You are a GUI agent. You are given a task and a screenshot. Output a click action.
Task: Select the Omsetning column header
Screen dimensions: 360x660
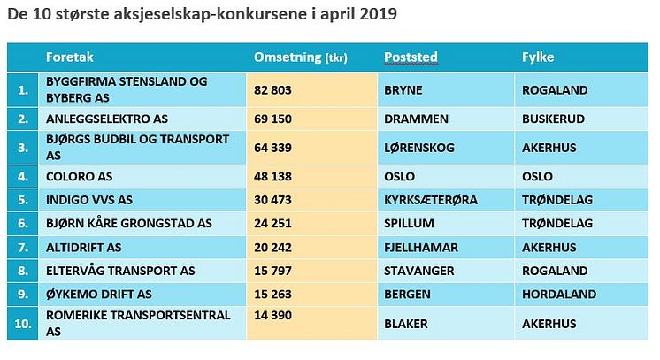301,57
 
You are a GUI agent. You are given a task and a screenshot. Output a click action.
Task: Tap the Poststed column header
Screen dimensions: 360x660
411,57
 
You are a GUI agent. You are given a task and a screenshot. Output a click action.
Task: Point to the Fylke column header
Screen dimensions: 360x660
539,57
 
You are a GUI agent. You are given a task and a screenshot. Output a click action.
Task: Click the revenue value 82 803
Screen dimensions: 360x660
273,90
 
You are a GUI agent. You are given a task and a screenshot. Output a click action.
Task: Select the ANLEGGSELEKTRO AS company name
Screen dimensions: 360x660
107,119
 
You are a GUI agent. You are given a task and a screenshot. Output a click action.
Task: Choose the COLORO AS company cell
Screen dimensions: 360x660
81,175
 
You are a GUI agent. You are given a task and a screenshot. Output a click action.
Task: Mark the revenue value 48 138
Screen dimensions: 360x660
273,175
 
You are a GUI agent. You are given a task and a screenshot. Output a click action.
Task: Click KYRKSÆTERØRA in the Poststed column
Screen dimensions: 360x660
431,200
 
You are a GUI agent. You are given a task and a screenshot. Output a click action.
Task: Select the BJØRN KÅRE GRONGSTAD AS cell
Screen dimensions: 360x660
129,223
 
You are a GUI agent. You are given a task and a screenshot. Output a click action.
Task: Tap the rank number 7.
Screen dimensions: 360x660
22,247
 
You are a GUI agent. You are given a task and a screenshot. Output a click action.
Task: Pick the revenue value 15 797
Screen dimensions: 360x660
273,271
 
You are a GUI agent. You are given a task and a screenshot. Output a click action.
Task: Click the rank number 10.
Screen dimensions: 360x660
22,323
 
